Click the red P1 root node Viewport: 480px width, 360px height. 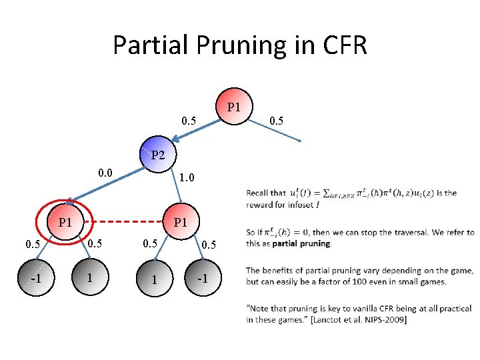click(233, 107)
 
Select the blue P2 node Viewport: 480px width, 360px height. click(157, 155)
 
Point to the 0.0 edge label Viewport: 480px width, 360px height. click(105, 174)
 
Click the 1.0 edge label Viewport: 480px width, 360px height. click(187, 179)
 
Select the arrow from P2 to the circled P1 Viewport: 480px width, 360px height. click(107, 183)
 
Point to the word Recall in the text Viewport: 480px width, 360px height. click(257, 193)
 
